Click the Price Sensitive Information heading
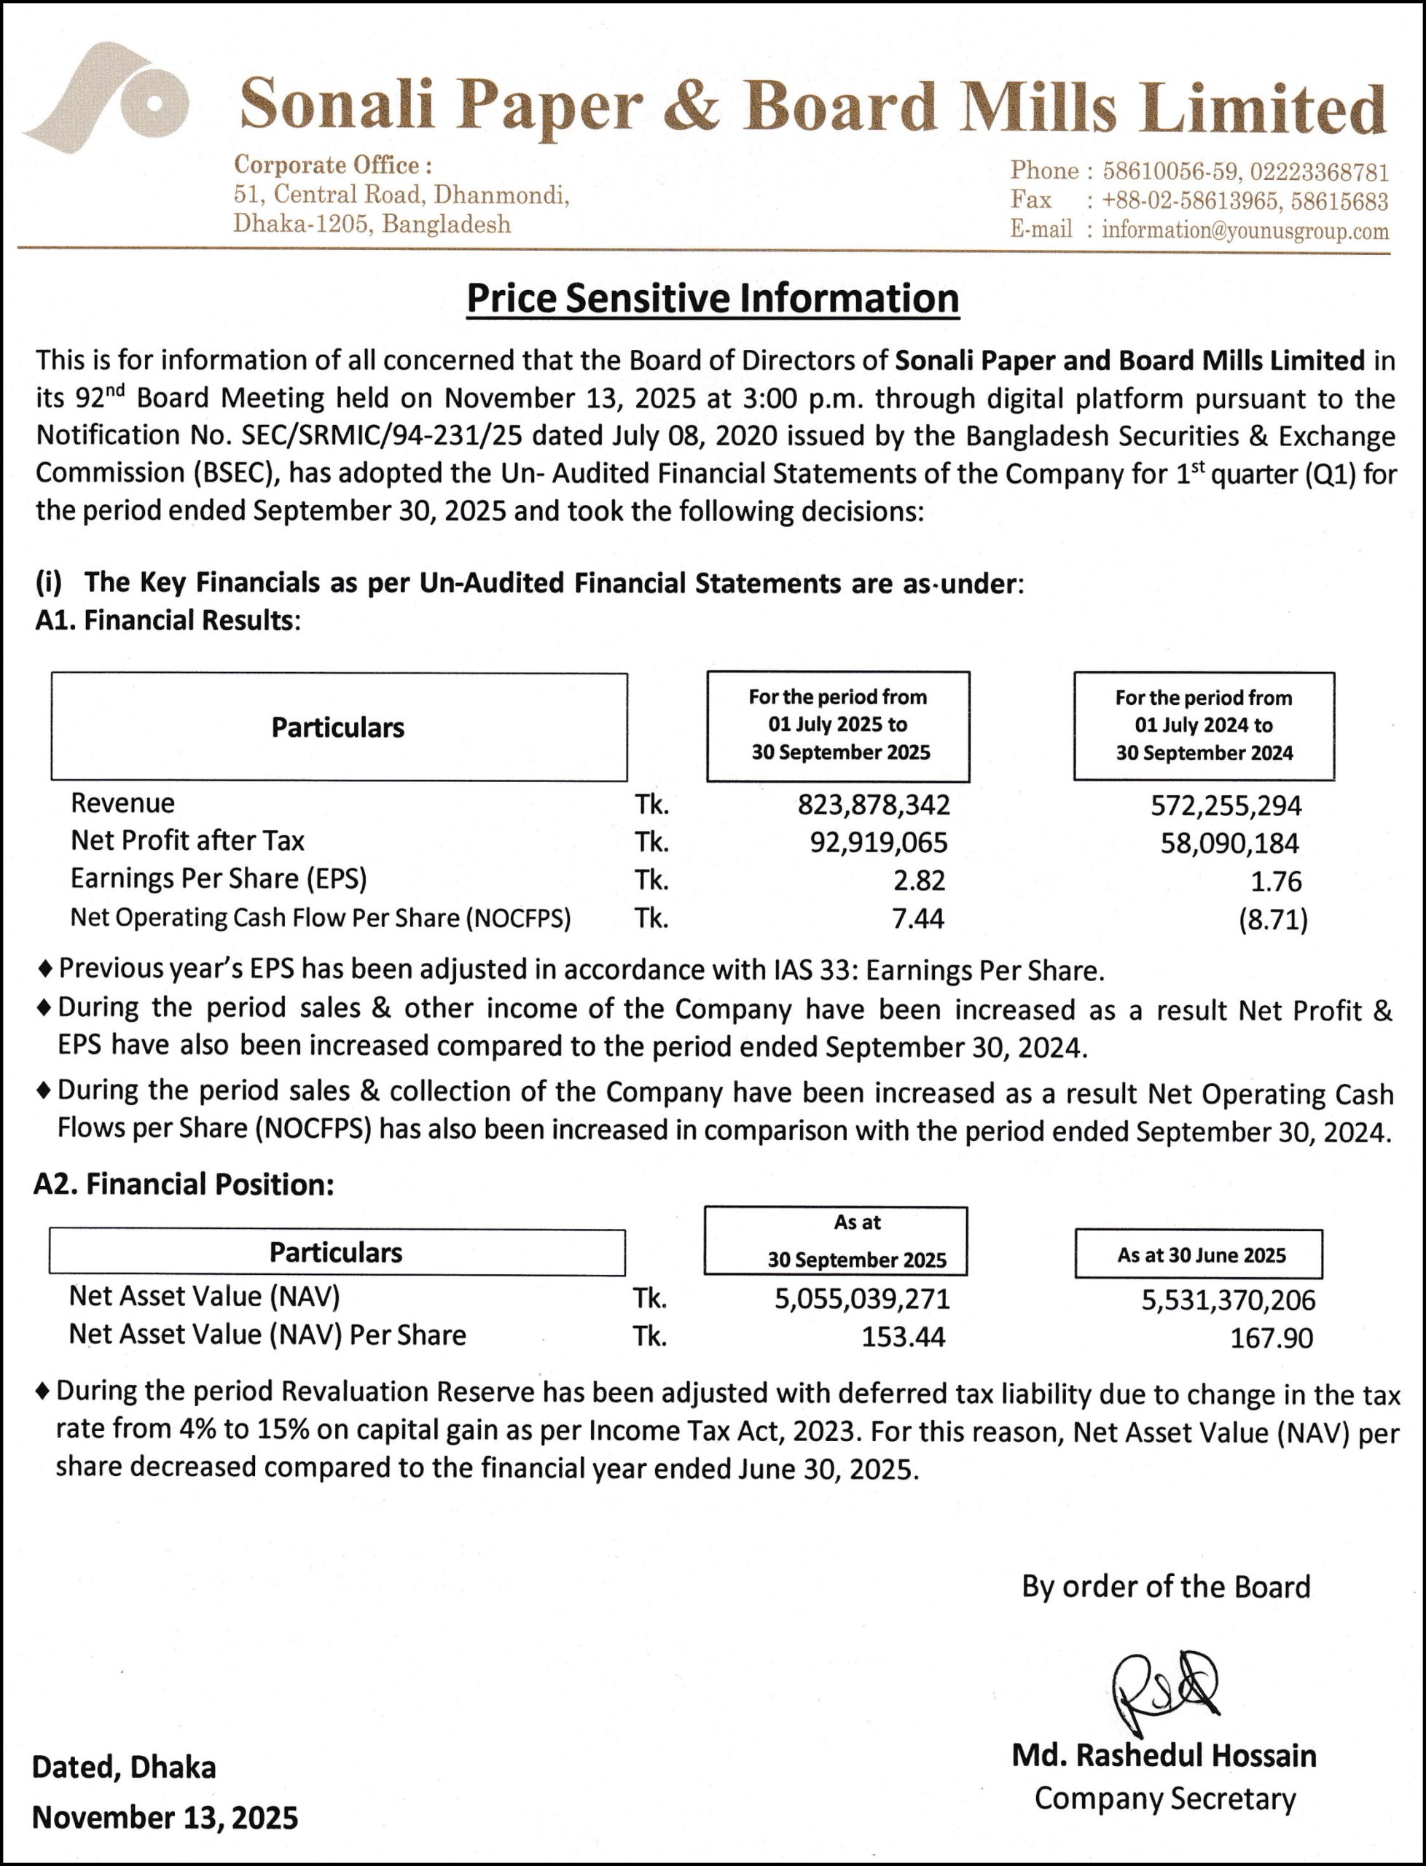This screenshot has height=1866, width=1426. pos(712,299)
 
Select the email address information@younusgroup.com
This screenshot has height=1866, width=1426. pos(1245,231)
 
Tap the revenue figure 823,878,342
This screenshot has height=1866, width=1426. pos(874,805)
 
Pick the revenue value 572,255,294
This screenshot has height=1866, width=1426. pos(1226,805)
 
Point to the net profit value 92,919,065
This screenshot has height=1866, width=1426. pos(879,842)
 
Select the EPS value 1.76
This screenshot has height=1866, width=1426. pos(1276,881)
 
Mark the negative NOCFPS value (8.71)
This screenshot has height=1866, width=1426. pos(1272,919)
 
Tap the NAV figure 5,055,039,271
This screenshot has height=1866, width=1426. pos(861,1299)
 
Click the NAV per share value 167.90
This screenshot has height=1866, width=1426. pos(1271,1338)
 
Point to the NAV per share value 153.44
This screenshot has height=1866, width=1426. pos(903,1337)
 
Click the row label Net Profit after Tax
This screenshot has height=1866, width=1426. pos(187,840)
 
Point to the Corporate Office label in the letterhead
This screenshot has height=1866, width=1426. pos(333,165)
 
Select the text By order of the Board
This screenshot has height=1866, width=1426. pos(1165,1587)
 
